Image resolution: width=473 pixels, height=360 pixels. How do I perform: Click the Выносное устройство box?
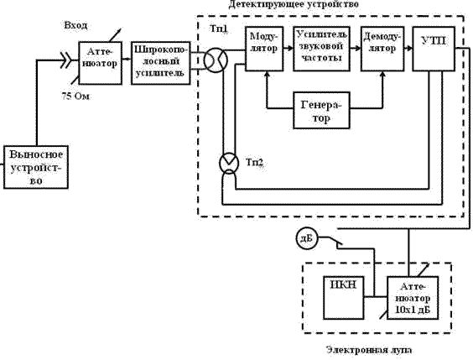pos(36,167)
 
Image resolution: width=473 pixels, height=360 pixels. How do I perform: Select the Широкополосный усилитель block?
pos(161,63)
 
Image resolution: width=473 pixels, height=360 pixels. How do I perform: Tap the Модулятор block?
pos(264,49)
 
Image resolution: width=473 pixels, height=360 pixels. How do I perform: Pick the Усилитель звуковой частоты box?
pos(321,49)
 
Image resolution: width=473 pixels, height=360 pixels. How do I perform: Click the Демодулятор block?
pos(382,49)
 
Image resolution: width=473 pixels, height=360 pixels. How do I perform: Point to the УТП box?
pos(434,49)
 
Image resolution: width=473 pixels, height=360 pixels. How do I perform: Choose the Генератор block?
pos(321,111)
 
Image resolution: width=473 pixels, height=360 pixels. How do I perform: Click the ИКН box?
pos(343,298)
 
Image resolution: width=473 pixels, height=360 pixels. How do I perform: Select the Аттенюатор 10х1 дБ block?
pos(413,298)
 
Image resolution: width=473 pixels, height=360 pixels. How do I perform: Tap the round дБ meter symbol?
pos(307,238)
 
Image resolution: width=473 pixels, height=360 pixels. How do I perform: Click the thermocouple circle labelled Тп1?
pos(216,60)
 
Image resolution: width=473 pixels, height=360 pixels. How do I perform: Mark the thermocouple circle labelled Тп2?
pos(229,163)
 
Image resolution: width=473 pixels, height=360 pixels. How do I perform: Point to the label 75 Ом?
pos(75,97)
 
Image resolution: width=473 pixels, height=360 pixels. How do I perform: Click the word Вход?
pos(75,25)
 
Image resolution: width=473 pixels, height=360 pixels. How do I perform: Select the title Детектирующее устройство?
pos(294,4)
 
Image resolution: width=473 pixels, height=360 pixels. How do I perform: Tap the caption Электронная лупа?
pos(369,350)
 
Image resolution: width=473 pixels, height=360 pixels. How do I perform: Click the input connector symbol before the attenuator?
pos(65,60)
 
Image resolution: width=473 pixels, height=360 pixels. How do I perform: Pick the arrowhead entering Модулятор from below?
pos(267,74)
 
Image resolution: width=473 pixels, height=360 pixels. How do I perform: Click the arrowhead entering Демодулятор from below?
pos(382,74)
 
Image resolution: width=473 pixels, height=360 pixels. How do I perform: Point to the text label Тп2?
pos(255,162)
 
